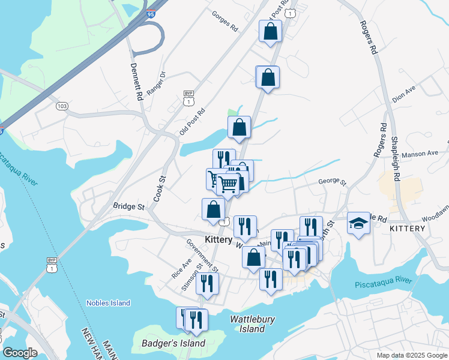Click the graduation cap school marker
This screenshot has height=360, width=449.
[x=358, y=223]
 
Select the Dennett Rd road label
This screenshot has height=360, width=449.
[x=136, y=80]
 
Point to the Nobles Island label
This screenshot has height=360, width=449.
[x=108, y=303]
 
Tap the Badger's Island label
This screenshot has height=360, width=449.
[x=173, y=344]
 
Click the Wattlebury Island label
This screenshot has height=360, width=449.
[x=248, y=324]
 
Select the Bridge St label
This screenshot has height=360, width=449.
[x=129, y=206]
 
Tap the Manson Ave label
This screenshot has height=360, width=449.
[x=420, y=154]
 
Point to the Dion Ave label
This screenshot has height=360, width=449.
[x=403, y=94]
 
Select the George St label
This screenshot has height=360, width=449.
[x=333, y=181]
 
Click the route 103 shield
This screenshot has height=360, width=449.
[x=62, y=106]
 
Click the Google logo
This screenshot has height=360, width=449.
[x=20, y=353]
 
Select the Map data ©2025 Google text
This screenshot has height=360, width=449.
[x=411, y=355]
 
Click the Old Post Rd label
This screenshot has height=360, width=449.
[x=192, y=121]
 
